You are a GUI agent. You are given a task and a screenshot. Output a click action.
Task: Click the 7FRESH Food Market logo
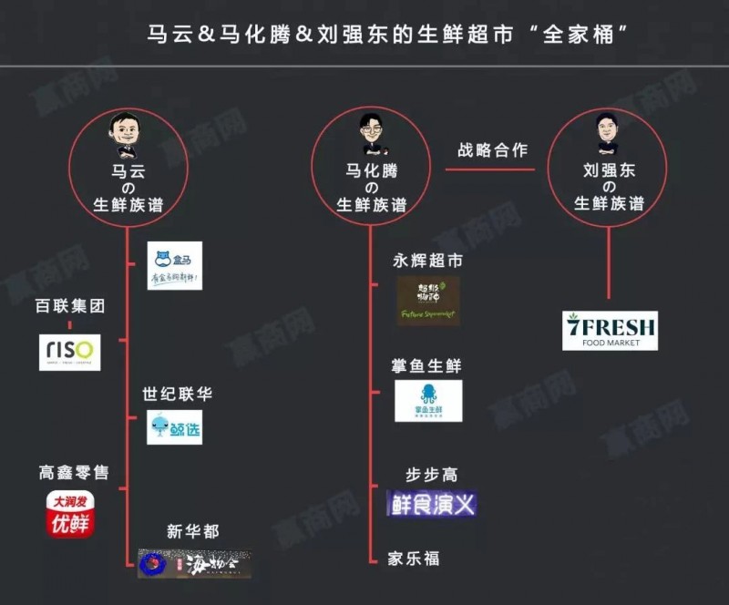click(x=610, y=331)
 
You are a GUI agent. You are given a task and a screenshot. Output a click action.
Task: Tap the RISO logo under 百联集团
click(x=70, y=352)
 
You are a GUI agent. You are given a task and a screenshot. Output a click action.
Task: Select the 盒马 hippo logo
click(x=175, y=265)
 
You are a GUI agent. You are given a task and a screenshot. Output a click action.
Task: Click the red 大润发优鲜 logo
click(x=71, y=514)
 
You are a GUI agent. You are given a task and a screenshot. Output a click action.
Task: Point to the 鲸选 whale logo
click(x=175, y=427)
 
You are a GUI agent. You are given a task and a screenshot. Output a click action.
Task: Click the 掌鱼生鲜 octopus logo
click(x=428, y=401)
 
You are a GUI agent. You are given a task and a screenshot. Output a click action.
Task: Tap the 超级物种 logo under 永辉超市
click(x=428, y=301)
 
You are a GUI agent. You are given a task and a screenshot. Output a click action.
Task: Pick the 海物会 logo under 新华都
click(x=192, y=563)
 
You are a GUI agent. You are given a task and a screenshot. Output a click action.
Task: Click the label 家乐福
click(x=413, y=558)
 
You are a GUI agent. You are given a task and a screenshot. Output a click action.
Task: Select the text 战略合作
click(x=492, y=150)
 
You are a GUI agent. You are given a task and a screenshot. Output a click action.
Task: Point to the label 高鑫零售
click(x=73, y=473)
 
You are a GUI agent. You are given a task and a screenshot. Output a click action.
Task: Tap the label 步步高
click(x=432, y=475)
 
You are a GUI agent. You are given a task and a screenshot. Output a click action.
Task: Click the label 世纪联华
click(x=177, y=395)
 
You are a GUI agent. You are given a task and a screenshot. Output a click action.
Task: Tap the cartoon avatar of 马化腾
click(x=371, y=133)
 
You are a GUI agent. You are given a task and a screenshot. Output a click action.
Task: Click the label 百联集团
click(x=70, y=306)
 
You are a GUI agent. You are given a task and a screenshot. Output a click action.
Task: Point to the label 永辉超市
click(x=427, y=261)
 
